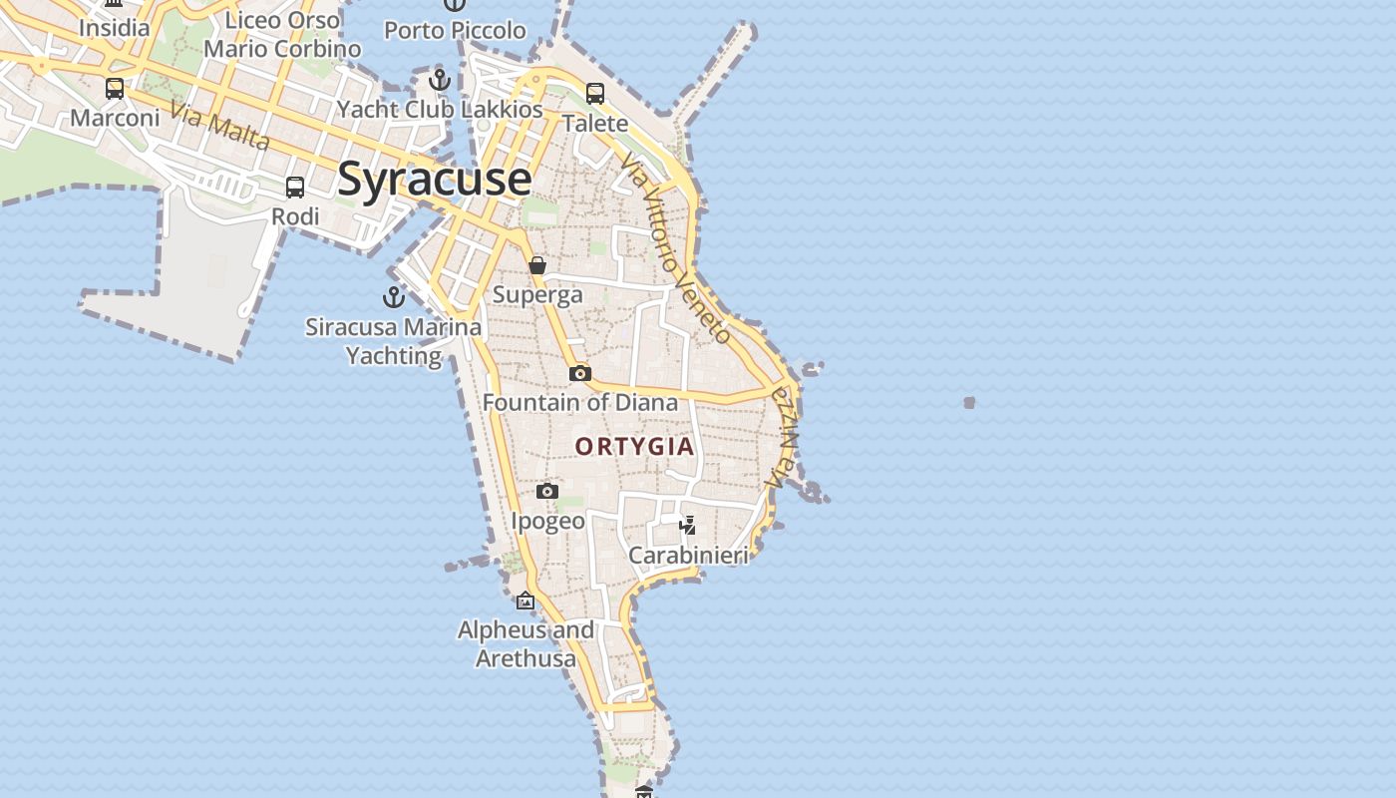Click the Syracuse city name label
434,180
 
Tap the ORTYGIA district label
635,446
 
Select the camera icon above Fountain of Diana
580,374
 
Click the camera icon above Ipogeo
547,491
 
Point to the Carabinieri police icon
687,525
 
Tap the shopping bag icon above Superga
537,265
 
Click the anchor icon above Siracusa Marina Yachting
394,296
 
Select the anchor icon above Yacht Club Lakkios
440,80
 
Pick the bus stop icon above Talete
595,94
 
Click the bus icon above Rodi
295,188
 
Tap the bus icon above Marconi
115,89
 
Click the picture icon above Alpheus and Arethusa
525,600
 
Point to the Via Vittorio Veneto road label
676,249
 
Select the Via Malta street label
219,126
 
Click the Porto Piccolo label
455,30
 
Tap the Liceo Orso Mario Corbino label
282,34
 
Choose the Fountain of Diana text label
580,403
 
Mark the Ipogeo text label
547,521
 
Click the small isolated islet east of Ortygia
969,403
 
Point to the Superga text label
537,295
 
